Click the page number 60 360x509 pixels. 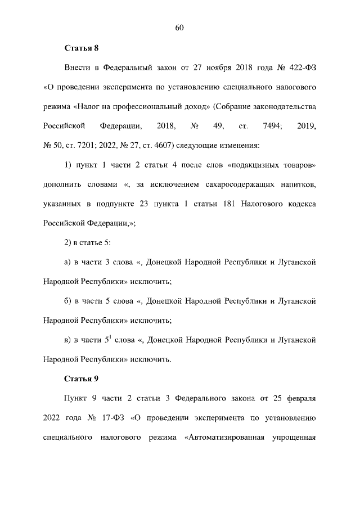(180, 28)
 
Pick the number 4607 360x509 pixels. (158, 146)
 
